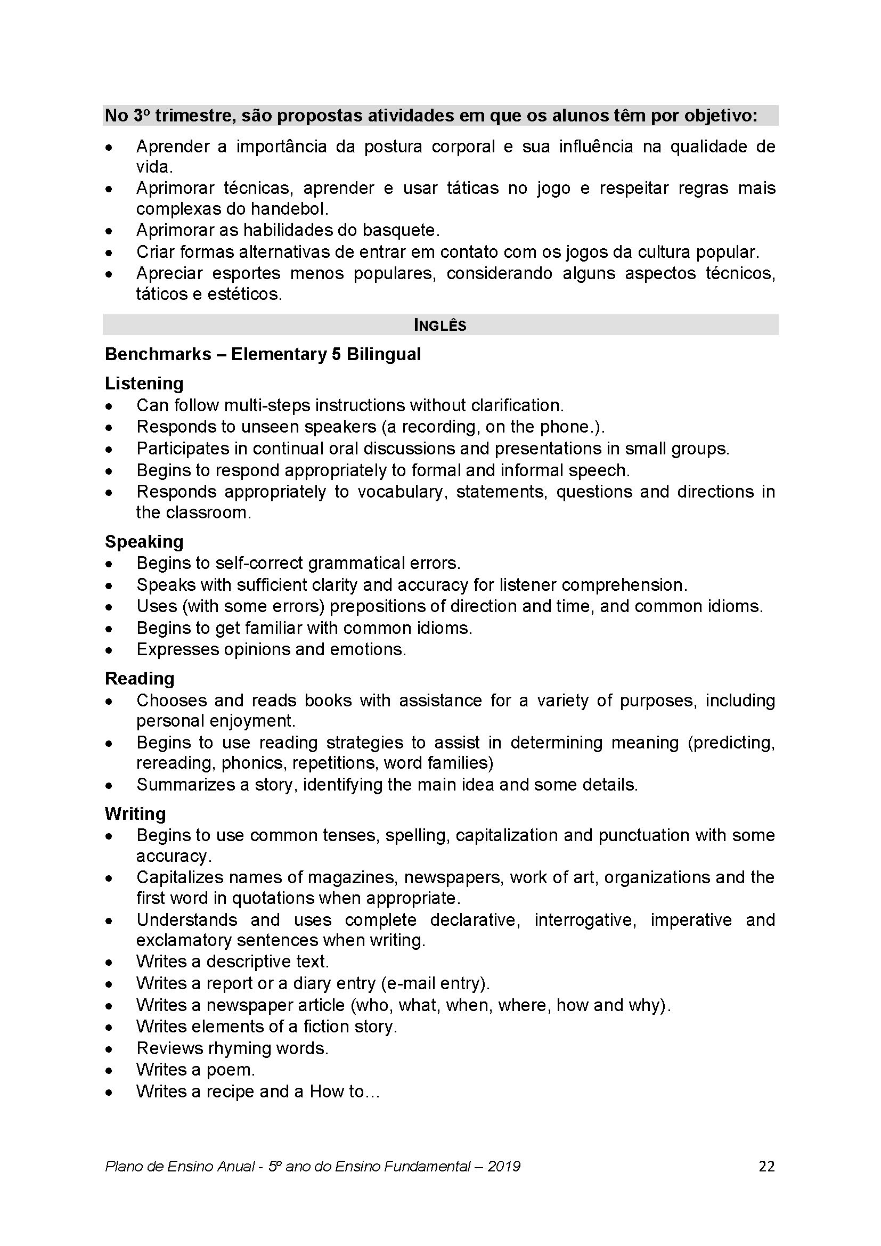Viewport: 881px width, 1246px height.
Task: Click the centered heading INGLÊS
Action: coord(440,325)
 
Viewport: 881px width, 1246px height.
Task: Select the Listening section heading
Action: coord(144,384)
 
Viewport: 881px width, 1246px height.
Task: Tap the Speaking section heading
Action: coord(144,542)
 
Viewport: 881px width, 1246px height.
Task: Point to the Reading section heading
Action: coord(140,678)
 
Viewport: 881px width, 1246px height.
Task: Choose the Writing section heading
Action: coord(135,813)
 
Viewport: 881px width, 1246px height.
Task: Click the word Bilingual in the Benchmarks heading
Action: coord(384,354)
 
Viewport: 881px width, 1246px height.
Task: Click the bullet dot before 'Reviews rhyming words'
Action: coord(110,1049)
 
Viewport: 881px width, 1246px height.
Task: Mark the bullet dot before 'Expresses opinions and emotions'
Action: coord(110,650)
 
